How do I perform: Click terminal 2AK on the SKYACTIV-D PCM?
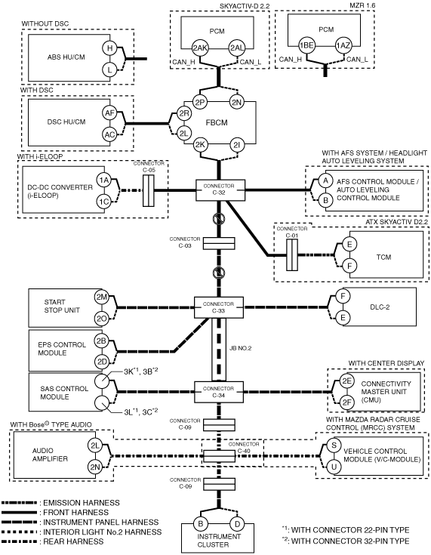click(x=200, y=48)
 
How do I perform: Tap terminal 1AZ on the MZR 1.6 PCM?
click(x=343, y=45)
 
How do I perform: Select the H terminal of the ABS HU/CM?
click(x=109, y=48)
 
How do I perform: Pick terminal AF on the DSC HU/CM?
click(x=109, y=113)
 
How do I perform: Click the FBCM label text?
click(x=217, y=123)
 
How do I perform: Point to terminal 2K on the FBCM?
click(x=200, y=145)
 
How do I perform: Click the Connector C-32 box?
click(x=220, y=190)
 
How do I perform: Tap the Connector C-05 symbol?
click(x=148, y=190)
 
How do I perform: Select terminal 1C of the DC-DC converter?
click(x=104, y=202)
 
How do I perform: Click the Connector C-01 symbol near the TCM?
click(x=292, y=255)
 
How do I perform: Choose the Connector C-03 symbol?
click(x=220, y=243)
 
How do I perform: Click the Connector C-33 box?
click(x=219, y=307)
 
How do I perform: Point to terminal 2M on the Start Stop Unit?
click(x=102, y=297)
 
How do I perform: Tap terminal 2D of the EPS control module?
click(x=102, y=362)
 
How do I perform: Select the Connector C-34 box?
click(x=219, y=392)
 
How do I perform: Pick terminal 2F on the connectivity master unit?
click(x=346, y=402)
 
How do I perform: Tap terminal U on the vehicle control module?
click(x=334, y=467)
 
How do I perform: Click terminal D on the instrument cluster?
click(x=238, y=524)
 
